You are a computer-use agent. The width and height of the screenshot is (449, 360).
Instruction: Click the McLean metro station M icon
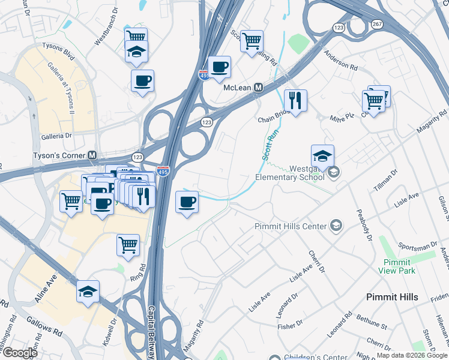(259, 88)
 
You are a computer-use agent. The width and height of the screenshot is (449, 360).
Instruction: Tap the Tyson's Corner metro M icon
(92, 155)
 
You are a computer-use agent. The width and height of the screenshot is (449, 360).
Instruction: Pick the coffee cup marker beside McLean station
(219, 67)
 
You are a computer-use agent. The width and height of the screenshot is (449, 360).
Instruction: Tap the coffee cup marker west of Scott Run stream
(187, 202)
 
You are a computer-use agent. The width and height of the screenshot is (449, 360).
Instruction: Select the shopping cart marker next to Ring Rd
(128, 245)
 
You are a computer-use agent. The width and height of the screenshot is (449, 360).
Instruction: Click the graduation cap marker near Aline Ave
(88, 292)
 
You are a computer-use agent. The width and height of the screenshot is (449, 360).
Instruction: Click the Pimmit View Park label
(394, 266)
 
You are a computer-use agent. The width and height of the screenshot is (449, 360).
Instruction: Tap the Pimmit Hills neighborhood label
(393, 297)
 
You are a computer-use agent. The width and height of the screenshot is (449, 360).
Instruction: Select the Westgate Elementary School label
(289, 173)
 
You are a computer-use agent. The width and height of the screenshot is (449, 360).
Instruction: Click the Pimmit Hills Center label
(291, 226)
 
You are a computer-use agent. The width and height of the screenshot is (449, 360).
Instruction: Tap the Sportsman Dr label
(417, 247)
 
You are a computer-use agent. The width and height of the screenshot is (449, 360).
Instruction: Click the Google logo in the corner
(19, 353)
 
